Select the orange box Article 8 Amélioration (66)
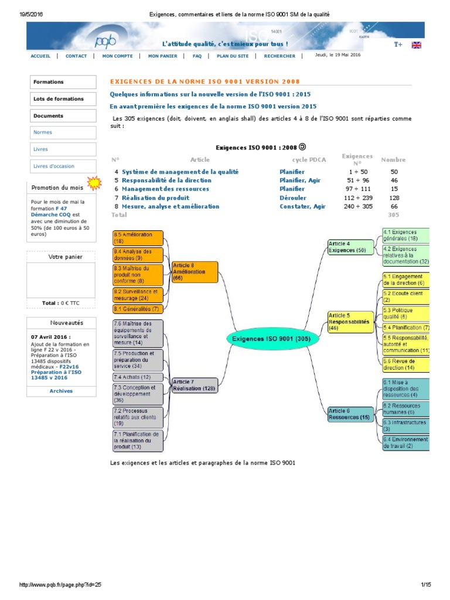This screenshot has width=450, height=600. coord(195,272)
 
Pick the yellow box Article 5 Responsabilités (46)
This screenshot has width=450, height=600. coord(350,322)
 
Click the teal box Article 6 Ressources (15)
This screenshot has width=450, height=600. coord(350,414)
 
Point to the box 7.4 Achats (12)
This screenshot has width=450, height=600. coord(138,377)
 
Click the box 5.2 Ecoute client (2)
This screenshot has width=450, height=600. coord(405,296)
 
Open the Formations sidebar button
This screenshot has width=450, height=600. coord(62,82)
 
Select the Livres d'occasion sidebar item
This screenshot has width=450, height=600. coord(62,166)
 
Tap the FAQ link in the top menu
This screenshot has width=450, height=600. coord(197,56)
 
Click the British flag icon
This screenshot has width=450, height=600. coord(417,45)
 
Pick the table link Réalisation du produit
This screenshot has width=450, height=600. coord(155,198)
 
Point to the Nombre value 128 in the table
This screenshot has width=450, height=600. coord(393,198)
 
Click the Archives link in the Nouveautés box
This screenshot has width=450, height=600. coord(61,391)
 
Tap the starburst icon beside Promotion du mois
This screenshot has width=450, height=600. coord(93,183)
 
